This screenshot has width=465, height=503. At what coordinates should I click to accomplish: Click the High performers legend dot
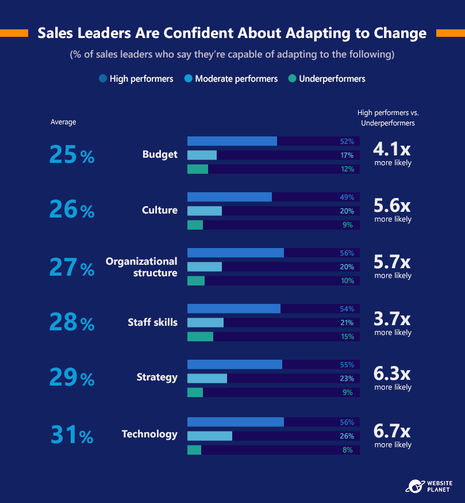pyautogui.click(x=103, y=79)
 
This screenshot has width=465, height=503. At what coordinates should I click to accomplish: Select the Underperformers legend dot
pyautogui.click(x=292, y=79)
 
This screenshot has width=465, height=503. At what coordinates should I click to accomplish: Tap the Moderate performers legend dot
pyautogui.click(x=189, y=79)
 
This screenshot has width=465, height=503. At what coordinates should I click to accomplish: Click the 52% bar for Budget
pyautogui.click(x=232, y=141)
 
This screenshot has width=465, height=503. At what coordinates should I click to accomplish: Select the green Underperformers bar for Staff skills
pyautogui.click(x=200, y=337)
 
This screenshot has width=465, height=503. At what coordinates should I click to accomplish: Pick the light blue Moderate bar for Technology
pyautogui.click(x=210, y=436)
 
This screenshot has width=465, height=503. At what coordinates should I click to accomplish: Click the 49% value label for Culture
pyautogui.click(x=347, y=197)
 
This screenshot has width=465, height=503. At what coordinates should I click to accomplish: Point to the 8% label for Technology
pyautogui.click(x=348, y=449)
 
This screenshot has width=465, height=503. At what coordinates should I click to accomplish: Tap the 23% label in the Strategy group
pyautogui.click(x=347, y=379)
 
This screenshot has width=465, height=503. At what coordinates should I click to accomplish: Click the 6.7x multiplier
pyautogui.click(x=392, y=431)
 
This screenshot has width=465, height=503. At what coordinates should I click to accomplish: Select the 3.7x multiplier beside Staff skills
pyautogui.click(x=392, y=319)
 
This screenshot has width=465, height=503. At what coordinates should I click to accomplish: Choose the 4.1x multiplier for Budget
pyautogui.click(x=392, y=149)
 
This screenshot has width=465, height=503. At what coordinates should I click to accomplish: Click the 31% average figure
pyautogui.click(x=72, y=435)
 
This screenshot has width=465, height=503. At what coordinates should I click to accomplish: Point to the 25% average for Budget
pyautogui.click(x=72, y=154)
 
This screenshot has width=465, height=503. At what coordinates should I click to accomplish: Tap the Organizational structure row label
pyautogui.click(x=141, y=267)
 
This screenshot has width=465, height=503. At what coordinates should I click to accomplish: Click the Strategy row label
pyautogui.click(x=157, y=378)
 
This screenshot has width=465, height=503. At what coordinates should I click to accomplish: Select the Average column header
pyautogui.click(x=63, y=122)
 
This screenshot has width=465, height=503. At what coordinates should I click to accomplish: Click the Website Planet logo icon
pyautogui.click(x=416, y=486)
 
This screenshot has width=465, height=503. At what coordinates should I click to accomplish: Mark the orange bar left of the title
pyautogui.click(x=14, y=33)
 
